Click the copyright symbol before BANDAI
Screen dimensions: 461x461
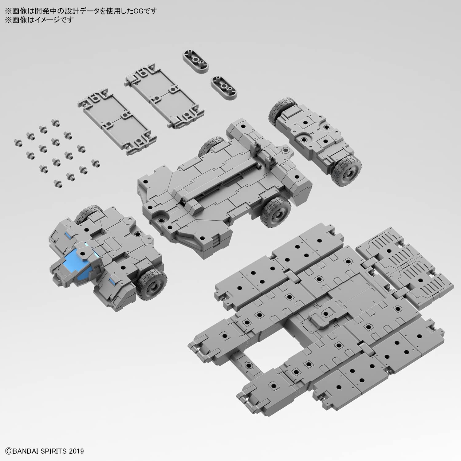pos(8,451)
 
